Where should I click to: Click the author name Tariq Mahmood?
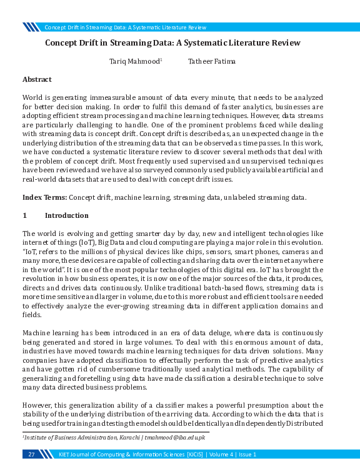[x=135, y=61]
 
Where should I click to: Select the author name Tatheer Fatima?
[x=212, y=61]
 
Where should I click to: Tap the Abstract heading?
[x=37, y=79]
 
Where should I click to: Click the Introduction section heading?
[x=67, y=215]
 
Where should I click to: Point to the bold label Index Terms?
[x=44, y=197]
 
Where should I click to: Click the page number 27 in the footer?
[x=31, y=454]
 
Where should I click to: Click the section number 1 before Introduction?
[x=24, y=215]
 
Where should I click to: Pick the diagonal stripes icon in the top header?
[x=31, y=27]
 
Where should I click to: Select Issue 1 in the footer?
[x=245, y=454]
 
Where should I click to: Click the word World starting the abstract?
[x=33, y=99]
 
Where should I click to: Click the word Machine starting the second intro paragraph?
[x=39, y=333]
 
